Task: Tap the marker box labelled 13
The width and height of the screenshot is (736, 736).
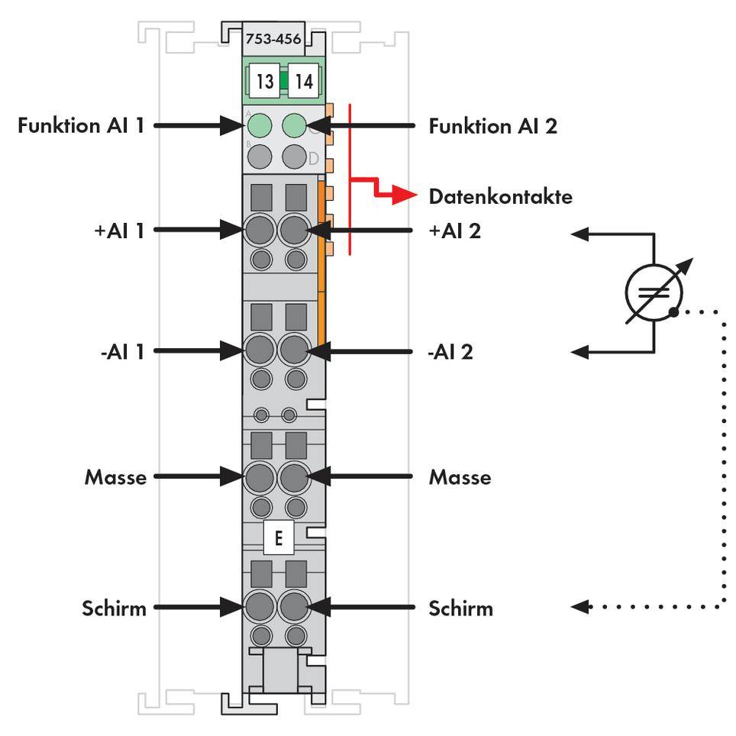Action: [264, 81]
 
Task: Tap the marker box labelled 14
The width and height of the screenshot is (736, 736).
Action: [304, 81]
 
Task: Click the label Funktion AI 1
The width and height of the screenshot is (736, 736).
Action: [81, 125]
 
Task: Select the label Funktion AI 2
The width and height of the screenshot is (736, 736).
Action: [492, 125]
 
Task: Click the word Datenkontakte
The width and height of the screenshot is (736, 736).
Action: [500, 196]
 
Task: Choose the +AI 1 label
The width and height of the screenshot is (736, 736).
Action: [117, 229]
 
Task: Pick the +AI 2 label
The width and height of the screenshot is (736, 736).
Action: [455, 229]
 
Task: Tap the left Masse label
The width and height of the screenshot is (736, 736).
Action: [115, 477]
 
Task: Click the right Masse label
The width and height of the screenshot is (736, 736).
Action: [460, 477]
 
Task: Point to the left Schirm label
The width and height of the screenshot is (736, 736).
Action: [114, 608]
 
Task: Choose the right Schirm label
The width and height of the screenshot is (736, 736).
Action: [460, 608]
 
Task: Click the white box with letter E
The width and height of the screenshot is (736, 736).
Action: [278, 538]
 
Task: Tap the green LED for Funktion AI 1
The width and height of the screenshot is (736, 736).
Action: [260, 124]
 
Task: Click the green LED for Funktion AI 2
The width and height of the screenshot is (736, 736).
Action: [294, 124]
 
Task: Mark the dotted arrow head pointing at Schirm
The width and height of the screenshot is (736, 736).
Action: [580, 607]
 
